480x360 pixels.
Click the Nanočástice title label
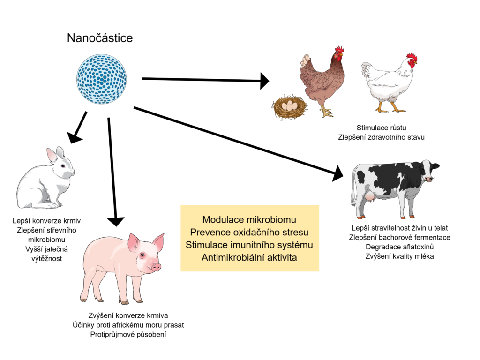click(x=100, y=38)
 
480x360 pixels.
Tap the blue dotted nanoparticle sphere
click(x=102, y=77)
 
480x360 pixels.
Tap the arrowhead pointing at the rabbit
click(x=75, y=136)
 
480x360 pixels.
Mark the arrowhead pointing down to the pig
click(x=115, y=219)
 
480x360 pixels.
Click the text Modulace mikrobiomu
click(x=249, y=219)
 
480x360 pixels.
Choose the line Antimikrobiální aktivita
click(x=249, y=257)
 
